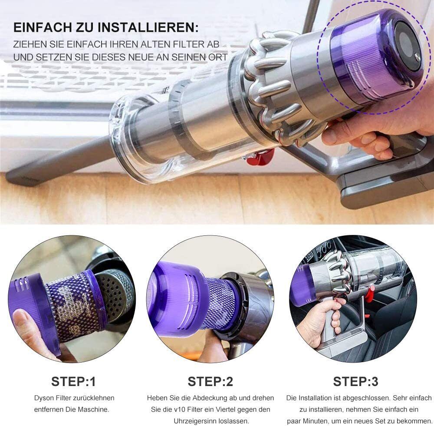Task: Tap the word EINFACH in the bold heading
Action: click(x=43, y=28)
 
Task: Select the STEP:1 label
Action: click(x=74, y=381)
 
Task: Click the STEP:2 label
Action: click(x=210, y=381)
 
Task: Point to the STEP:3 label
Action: click(x=356, y=381)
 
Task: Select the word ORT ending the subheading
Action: click(x=219, y=57)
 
